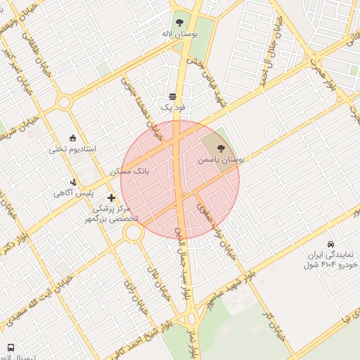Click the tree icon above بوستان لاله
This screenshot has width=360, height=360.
point(179,22)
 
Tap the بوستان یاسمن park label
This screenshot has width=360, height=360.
point(220,160)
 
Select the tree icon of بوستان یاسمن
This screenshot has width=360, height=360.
point(221,148)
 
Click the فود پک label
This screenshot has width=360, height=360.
point(172,108)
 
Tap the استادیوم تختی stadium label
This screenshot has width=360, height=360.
point(72,149)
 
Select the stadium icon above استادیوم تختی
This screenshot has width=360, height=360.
point(72,138)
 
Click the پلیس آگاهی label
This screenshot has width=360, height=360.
point(75,193)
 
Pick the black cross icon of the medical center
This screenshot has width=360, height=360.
point(111,199)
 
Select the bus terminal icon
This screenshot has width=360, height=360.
point(11,348)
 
